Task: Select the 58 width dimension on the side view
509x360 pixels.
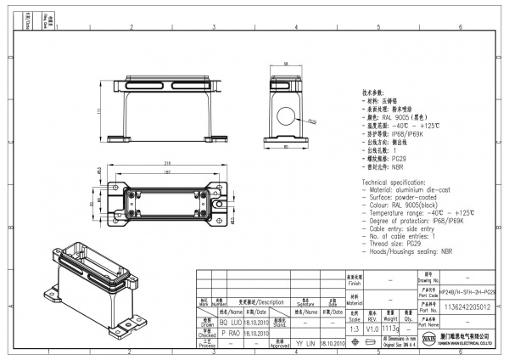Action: click(x=286, y=65)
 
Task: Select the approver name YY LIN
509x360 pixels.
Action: click(x=304, y=344)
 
